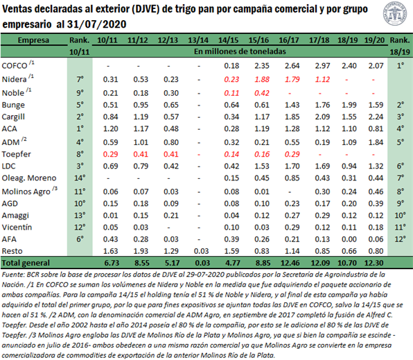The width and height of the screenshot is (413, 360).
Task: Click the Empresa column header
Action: pos(33,40)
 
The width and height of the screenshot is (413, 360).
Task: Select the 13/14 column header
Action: pos(198,40)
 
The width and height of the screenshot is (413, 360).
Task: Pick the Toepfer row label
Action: pos(17,154)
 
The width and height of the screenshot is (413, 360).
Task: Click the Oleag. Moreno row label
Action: pos(29,178)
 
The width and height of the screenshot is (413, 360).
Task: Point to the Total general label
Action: pos(26,263)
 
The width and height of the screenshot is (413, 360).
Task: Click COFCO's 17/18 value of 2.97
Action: pos(322,66)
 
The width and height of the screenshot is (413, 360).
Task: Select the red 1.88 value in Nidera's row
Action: pos(262,79)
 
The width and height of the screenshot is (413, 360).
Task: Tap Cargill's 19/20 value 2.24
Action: pos(376,117)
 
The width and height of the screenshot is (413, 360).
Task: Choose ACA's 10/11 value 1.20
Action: pos(110,129)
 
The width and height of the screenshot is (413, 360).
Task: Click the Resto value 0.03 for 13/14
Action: pos(201,251)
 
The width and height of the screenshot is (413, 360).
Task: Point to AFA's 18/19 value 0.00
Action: pos(349,239)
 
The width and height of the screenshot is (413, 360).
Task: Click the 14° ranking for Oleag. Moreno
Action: pos(80,178)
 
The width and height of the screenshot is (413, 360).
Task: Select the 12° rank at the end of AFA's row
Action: pos(400,239)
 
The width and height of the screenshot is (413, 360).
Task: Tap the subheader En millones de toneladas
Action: pos(240,51)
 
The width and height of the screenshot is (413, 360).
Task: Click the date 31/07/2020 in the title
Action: pos(96,24)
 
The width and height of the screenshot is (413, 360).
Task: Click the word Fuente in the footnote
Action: pos(13,275)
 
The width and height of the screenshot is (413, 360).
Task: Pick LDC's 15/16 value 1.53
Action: pos(262,166)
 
